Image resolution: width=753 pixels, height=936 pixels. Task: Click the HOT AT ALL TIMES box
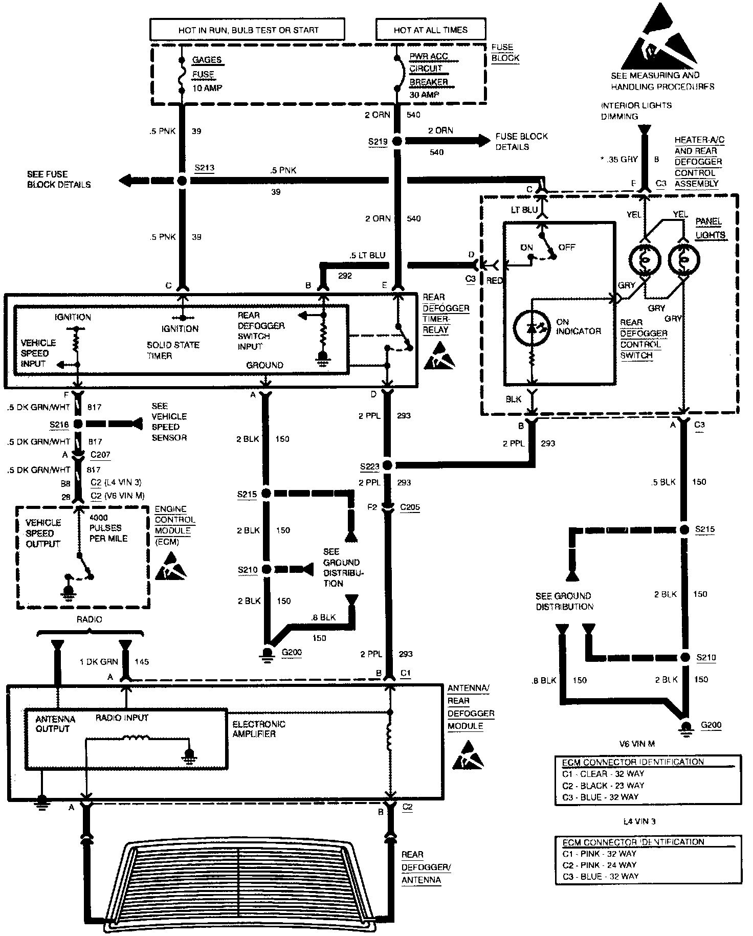(x=430, y=30)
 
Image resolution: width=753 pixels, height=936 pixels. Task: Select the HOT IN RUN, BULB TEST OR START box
(x=248, y=30)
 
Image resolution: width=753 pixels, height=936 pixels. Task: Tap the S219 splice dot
(x=397, y=141)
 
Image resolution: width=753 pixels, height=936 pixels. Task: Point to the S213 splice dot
(x=182, y=181)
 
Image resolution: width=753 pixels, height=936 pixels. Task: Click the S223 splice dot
(x=387, y=465)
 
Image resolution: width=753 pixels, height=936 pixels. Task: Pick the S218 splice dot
(x=78, y=424)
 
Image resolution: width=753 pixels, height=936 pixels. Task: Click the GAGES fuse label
(x=207, y=60)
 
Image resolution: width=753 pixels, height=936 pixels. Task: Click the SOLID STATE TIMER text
(x=172, y=350)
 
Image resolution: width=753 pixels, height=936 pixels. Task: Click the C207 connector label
(x=101, y=455)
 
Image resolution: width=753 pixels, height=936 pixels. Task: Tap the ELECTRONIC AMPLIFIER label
(x=258, y=729)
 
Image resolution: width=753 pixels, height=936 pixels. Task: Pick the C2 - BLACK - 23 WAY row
(x=603, y=785)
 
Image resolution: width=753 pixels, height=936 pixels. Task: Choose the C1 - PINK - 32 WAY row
(x=599, y=853)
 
